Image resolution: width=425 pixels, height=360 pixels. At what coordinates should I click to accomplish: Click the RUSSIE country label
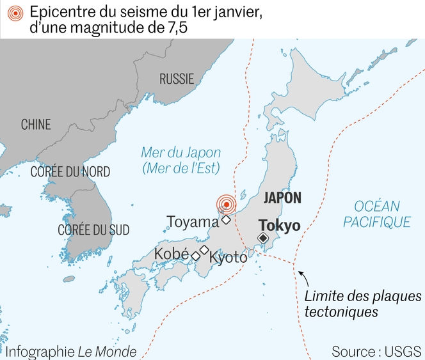click(177, 79)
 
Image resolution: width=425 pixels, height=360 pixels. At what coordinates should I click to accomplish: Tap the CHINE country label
click(36, 125)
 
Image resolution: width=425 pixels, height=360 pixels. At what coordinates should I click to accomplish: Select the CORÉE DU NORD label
click(70, 172)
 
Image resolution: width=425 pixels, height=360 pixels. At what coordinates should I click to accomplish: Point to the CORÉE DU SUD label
click(93, 230)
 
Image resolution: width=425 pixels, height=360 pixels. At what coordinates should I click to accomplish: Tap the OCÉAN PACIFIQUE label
click(376, 214)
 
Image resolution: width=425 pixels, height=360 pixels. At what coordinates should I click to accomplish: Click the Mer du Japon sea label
click(180, 160)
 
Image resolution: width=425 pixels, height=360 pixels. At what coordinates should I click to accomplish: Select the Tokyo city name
click(279, 226)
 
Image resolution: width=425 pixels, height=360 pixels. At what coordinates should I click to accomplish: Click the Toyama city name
click(193, 222)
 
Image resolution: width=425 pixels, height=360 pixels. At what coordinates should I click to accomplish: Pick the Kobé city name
click(172, 254)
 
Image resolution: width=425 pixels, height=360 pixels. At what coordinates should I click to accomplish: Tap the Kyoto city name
click(228, 258)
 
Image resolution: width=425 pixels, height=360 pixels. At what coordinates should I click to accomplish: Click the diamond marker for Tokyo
click(262, 239)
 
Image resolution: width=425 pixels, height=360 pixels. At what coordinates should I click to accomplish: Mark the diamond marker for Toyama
click(226, 221)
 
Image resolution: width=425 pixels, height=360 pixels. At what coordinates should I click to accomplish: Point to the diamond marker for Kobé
click(195, 256)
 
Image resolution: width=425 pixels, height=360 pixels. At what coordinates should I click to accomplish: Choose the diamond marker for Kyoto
click(204, 249)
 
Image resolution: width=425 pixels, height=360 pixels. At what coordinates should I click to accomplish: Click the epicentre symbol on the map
click(225, 205)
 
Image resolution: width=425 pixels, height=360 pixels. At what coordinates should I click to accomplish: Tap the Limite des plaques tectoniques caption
click(363, 304)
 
